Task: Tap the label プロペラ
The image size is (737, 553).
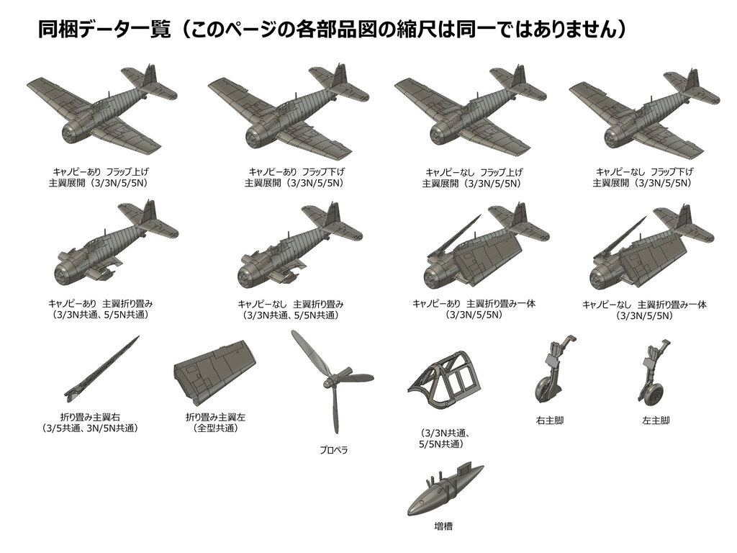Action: click(x=334, y=450)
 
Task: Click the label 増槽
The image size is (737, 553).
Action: click(x=443, y=526)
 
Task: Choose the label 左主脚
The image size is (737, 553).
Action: click(x=656, y=420)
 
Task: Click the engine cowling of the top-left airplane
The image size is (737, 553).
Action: click(x=72, y=132)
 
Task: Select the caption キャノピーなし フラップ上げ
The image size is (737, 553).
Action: click(x=474, y=172)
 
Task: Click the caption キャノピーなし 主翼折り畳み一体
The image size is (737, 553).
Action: click(x=643, y=305)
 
